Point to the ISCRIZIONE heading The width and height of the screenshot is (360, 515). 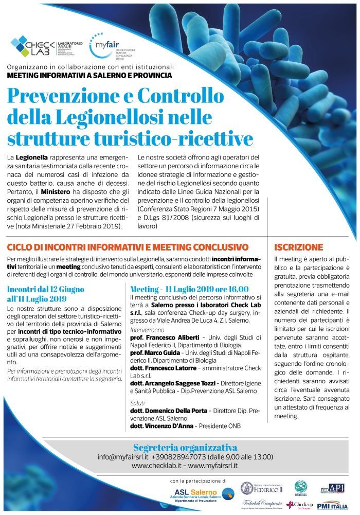click(x=299, y=247)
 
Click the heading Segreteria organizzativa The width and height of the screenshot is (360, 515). click(x=185, y=447)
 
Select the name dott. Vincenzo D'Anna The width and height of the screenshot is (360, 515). click(x=161, y=427)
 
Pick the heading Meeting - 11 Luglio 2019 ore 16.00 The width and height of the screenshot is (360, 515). click(x=189, y=289)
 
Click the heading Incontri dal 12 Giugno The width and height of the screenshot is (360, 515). click(x=46, y=289)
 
